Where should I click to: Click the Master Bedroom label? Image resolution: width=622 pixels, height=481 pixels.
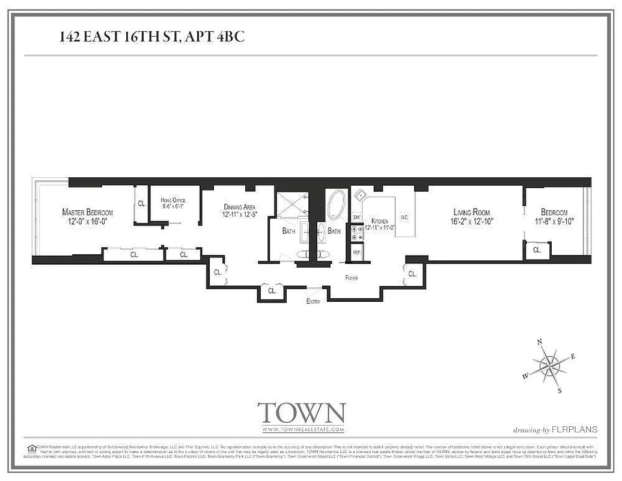[x=87, y=212]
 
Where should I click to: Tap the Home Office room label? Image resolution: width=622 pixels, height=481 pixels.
[x=174, y=200]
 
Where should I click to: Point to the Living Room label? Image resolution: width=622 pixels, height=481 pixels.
[x=471, y=212]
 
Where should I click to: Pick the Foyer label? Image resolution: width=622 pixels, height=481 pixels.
[x=351, y=278]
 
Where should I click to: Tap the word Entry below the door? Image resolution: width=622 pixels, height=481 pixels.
[x=313, y=301]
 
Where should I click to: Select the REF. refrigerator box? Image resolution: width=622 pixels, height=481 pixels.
[x=356, y=253]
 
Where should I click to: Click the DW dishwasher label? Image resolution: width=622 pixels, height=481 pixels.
[x=356, y=217]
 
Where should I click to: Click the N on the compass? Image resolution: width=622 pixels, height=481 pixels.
[x=540, y=342]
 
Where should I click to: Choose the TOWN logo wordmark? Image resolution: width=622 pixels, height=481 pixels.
[x=301, y=414]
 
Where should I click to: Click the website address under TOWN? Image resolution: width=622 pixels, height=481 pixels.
[x=302, y=430]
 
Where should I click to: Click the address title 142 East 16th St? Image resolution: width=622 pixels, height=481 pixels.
[x=151, y=37]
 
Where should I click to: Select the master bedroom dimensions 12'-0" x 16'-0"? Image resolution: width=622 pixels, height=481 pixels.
[x=87, y=221]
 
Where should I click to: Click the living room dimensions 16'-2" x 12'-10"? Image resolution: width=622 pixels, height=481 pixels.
[x=472, y=221]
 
